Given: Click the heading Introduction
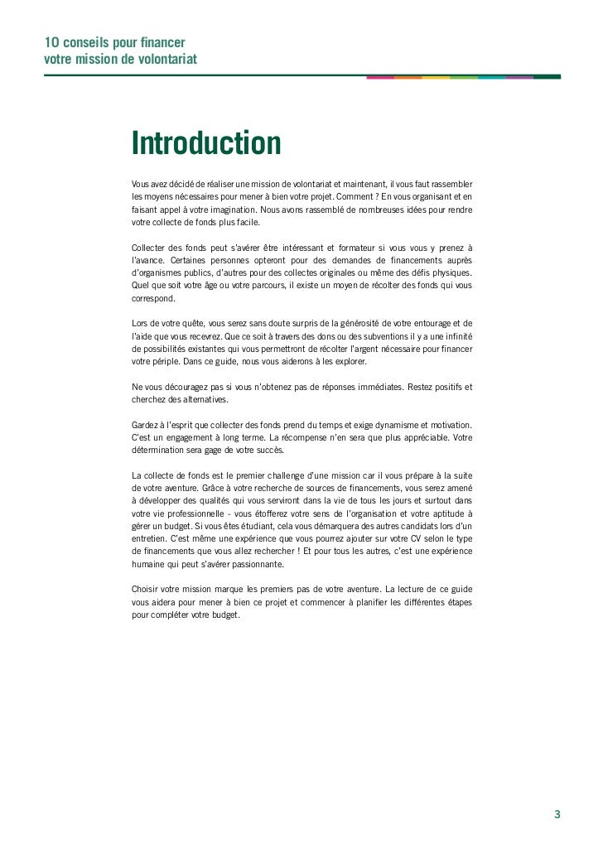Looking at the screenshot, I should pyautogui.click(x=206, y=144).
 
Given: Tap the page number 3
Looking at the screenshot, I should pyautogui.click(x=557, y=813).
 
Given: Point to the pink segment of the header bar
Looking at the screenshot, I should pyautogui.click(x=380, y=77).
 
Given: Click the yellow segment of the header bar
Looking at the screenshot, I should pyautogui.click(x=436, y=77).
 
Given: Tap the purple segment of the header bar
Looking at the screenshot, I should pyautogui.click(x=519, y=77).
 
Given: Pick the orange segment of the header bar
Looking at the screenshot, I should pyautogui.click(x=408, y=77).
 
